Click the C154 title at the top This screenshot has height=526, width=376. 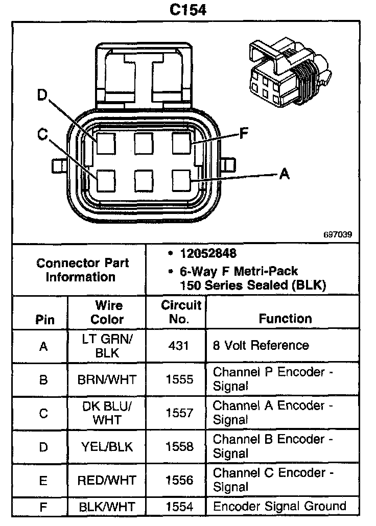187,10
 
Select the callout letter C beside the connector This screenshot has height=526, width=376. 43,134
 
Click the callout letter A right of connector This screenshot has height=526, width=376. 285,174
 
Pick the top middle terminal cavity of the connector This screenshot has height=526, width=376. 144,143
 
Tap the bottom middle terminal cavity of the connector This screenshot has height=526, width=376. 144,180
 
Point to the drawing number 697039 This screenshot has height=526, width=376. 337,235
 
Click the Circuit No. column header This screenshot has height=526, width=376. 182,312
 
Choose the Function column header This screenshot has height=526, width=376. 285,319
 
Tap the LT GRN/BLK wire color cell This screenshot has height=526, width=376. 107,346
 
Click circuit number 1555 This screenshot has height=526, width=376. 179,379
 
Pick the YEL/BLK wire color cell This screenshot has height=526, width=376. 107,447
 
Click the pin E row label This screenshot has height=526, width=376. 43,481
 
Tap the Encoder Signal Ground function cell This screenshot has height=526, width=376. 279,506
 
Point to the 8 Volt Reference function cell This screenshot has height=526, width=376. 261,346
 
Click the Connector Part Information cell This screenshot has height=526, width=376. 82,270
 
